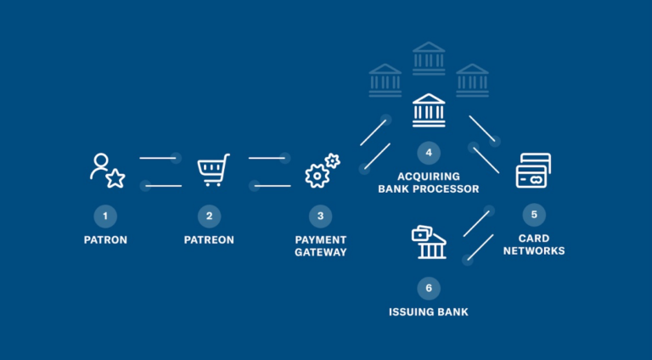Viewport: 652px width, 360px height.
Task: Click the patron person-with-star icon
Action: pyautogui.click(x=107, y=171)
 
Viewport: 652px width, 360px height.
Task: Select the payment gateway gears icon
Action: pyautogui.click(x=321, y=171)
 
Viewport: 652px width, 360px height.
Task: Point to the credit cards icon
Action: pyautogui.click(x=533, y=171)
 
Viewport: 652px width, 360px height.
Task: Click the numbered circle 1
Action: pyautogui.click(x=105, y=216)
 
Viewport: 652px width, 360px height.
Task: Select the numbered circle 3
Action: pyautogui.click(x=320, y=216)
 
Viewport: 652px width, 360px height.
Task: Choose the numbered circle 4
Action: pyautogui.click(x=429, y=153)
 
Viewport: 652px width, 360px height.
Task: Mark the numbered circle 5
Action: pyautogui.click(x=534, y=215)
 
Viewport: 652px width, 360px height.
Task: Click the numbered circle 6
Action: pyautogui.click(x=429, y=288)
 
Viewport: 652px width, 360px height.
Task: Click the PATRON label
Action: pyautogui.click(x=105, y=240)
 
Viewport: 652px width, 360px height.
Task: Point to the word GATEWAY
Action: pyautogui.click(x=321, y=252)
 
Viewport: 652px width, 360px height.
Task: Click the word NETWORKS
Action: pyautogui.click(x=534, y=250)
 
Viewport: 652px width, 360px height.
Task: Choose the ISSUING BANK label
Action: pyautogui.click(x=429, y=312)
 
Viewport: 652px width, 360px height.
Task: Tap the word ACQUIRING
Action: pyautogui.click(x=429, y=176)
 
